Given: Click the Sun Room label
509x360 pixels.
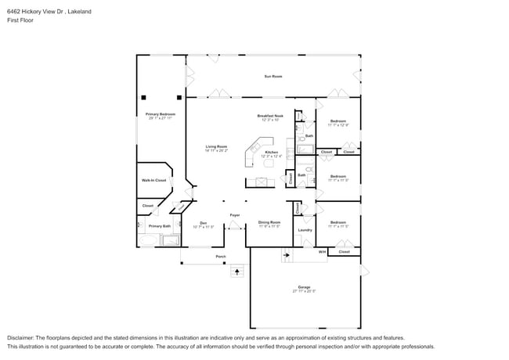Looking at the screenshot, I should point(272,76).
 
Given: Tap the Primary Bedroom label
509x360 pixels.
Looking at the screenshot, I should point(161,115).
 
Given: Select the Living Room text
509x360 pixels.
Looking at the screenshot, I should point(216,147).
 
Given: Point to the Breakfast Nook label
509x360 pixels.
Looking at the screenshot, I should point(270,117).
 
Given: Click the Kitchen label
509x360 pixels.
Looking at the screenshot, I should point(271,153).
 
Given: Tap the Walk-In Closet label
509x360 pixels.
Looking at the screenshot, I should point(153,180).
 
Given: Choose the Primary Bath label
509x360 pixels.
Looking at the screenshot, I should point(159,225).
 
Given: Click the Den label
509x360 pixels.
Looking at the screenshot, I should point(203,222).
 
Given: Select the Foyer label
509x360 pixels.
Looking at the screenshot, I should point(234,214).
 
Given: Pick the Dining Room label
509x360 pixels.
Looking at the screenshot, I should point(269,222).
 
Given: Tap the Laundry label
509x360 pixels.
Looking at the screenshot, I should point(305,229).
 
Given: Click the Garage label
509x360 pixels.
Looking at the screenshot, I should point(304,287).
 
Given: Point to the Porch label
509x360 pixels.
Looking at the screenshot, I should point(221,256).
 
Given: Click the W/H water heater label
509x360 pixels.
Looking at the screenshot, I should point(322,252).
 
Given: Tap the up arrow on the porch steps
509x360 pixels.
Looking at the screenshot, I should point(236,272).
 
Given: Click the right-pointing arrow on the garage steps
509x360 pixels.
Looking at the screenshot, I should point(287,254).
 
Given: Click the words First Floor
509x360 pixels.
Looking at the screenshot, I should point(20,20).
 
